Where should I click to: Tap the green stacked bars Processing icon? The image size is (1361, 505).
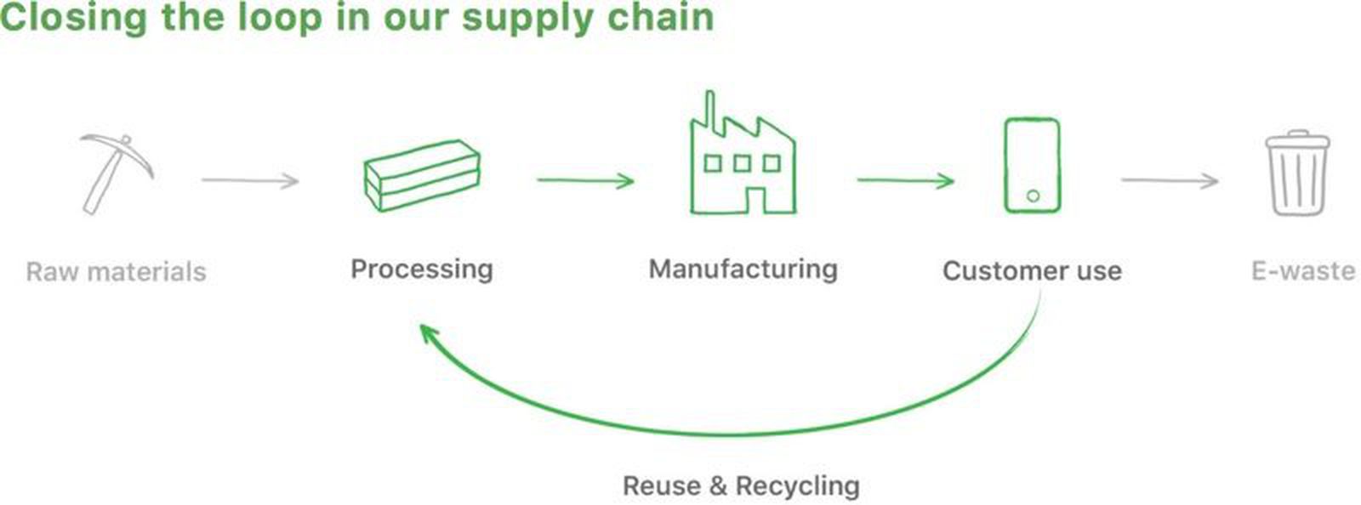422,176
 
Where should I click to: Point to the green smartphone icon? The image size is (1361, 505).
1032,165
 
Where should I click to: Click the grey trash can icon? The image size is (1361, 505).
1298,173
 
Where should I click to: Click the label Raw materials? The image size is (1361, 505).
117,272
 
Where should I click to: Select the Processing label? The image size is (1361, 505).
422,270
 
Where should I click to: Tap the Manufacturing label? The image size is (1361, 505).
743,270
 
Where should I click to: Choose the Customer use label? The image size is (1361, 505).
1032,271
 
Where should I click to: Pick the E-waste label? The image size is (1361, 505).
1302,271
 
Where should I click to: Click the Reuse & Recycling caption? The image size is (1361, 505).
741,486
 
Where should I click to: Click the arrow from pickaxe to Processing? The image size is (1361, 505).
250,180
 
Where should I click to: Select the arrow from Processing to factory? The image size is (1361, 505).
585,180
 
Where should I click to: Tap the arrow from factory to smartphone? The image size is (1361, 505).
905,180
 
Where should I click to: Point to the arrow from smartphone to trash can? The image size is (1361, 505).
1170,180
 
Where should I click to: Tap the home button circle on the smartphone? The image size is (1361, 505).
1033,196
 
